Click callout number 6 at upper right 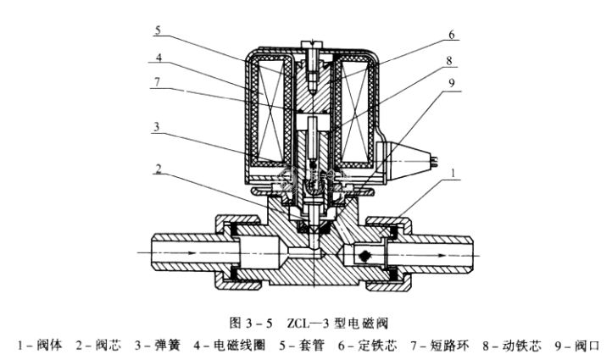(452, 35)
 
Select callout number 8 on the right (452, 60)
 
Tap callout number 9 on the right (452, 83)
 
